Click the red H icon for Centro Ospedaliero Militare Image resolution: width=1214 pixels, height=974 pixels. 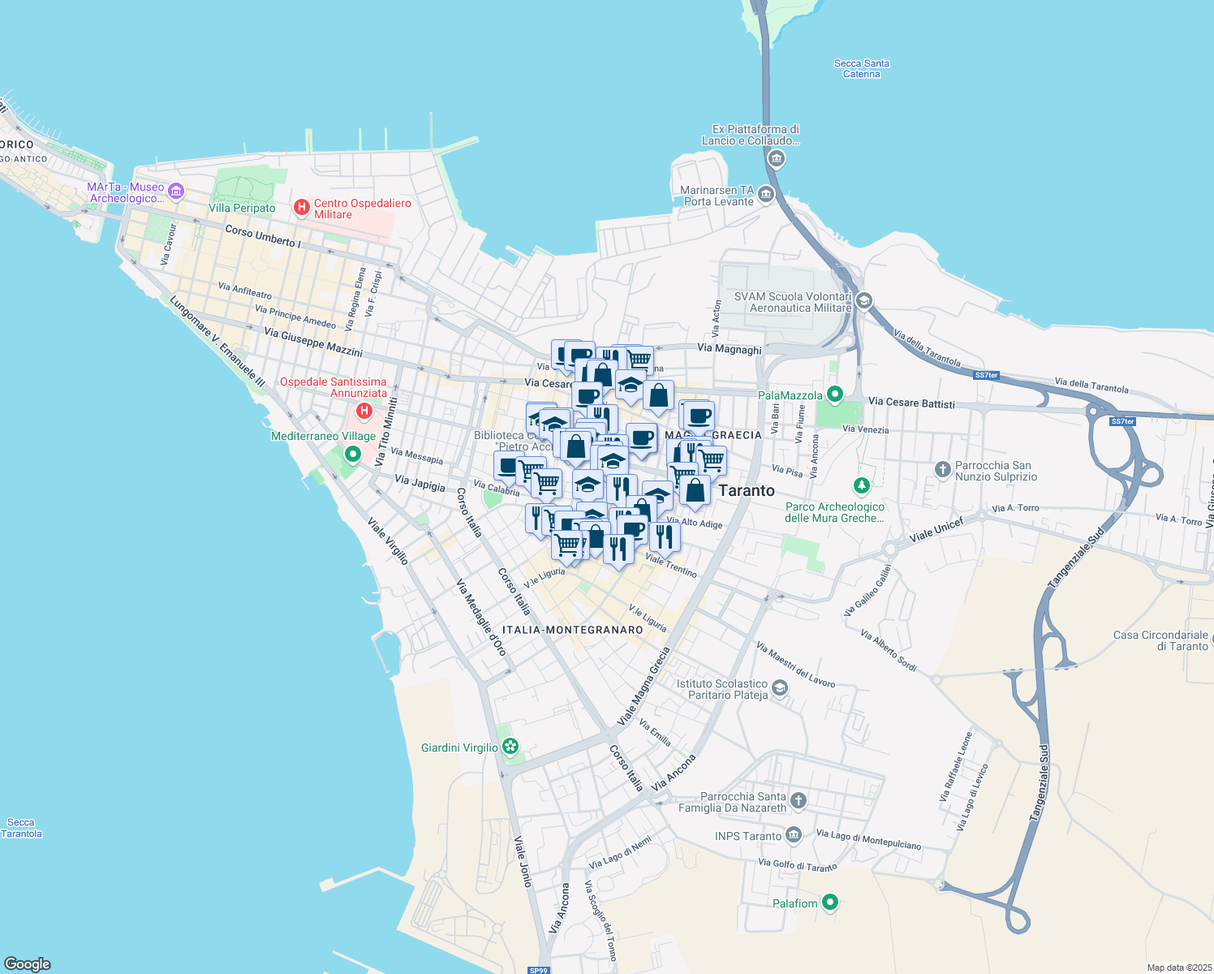(302, 208)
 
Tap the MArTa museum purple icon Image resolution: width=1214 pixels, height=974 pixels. (176, 192)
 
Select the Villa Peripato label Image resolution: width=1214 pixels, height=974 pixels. (242, 208)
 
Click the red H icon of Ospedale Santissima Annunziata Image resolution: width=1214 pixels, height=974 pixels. (364, 411)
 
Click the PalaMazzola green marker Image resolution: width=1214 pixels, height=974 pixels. (834, 394)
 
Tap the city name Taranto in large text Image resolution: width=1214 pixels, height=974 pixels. (747, 490)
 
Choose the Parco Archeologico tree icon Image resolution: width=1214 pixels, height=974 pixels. (861, 486)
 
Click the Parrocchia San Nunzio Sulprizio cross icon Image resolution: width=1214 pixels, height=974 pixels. (942, 468)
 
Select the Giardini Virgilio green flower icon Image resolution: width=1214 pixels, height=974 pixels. (510, 747)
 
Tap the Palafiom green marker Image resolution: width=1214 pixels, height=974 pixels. (829, 902)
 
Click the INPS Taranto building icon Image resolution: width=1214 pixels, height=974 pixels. (794, 834)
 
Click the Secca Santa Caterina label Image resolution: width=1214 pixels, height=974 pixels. (861, 68)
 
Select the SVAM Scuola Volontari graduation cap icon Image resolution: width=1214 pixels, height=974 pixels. (864, 301)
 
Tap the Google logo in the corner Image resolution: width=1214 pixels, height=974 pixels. (27, 963)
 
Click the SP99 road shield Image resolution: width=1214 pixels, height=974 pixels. (538, 970)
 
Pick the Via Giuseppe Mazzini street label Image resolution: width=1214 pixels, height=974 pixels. (312, 343)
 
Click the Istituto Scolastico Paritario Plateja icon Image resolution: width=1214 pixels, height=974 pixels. (780, 688)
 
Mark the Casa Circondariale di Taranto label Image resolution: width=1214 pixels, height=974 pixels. (1160, 640)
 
